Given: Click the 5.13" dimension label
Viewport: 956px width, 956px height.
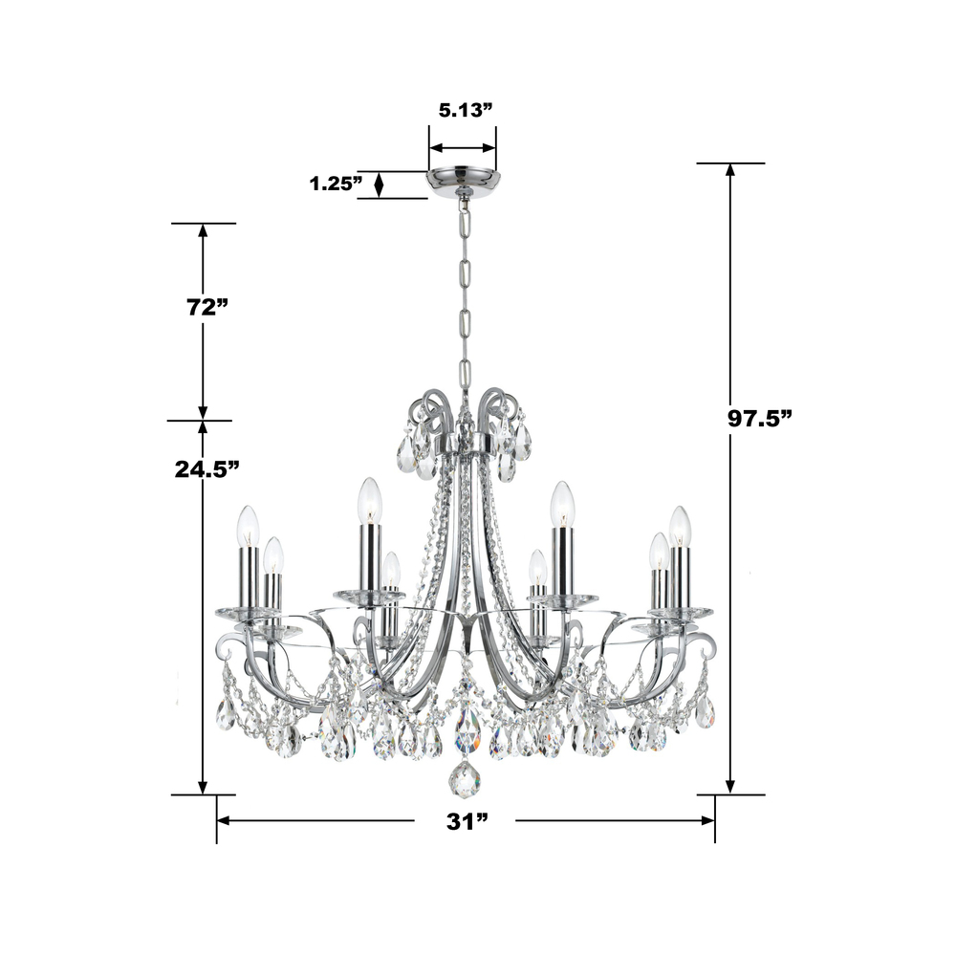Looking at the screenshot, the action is (x=466, y=110).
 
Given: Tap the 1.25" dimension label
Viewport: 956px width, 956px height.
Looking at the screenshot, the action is (x=336, y=183).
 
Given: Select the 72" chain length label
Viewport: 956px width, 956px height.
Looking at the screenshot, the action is (x=206, y=307).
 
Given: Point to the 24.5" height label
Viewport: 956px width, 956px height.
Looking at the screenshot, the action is (x=206, y=468).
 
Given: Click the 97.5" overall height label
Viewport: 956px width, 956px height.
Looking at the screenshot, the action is (x=759, y=419).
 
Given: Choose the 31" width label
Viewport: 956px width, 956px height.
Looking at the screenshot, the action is (x=467, y=821).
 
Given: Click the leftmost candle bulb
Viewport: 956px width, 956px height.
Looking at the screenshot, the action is (x=249, y=526).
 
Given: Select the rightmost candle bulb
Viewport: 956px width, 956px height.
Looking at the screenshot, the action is (x=680, y=527).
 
